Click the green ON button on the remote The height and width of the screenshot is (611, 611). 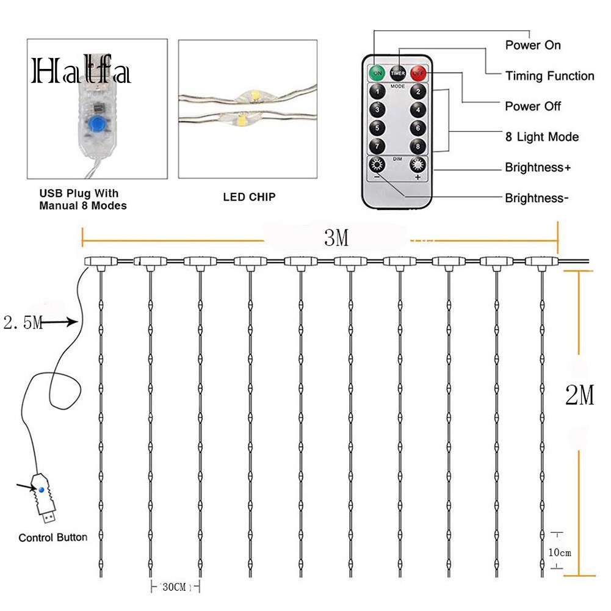(x=377, y=73)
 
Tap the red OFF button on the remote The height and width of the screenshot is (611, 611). (x=418, y=73)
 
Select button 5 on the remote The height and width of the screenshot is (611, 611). (x=378, y=128)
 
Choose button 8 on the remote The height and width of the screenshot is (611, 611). (x=418, y=146)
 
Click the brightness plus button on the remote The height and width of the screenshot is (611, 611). (x=418, y=166)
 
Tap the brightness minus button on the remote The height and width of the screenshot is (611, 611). (x=377, y=166)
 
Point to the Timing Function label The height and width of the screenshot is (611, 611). (x=549, y=76)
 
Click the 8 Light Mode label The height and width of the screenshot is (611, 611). (x=541, y=137)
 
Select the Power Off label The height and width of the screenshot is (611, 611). (x=532, y=106)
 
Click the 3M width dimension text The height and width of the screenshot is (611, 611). (x=336, y=239)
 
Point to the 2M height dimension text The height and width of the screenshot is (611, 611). (x=579, y=397)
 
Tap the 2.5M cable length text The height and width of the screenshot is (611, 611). (x=23, y=323)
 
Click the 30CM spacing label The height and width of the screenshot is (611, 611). (x=175, y=587)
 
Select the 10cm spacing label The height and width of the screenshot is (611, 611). (x=560, y=553)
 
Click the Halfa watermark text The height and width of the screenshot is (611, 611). (x=81, y=72)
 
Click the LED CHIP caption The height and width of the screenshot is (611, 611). (x=250, y=197)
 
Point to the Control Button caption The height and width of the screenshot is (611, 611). (x=52, y=538)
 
